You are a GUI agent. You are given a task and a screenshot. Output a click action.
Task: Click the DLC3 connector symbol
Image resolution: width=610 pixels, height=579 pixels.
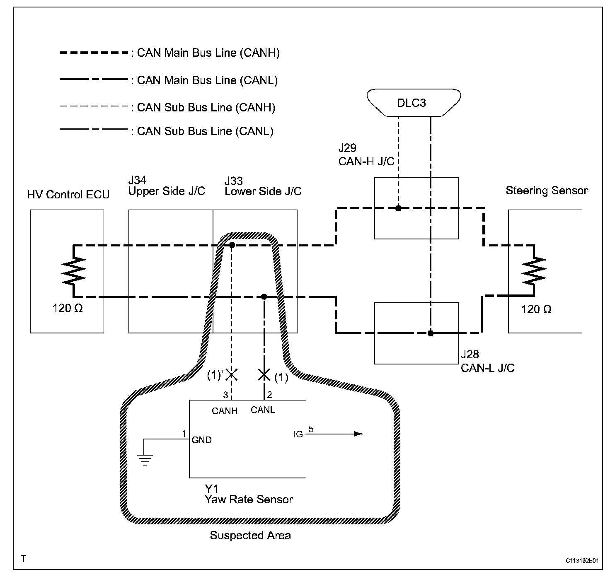click(x=414, y=103)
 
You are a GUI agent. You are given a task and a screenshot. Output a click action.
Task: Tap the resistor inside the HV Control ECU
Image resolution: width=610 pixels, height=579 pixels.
click(x=74, y=271)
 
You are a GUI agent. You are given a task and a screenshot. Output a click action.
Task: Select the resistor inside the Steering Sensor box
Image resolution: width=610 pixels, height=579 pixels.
click(x=534, y=271)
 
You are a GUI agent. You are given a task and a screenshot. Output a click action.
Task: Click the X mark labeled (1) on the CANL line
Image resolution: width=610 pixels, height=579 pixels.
click(x=264, y=375)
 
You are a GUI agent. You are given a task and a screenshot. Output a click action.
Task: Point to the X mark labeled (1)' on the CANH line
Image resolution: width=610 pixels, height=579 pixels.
click(x=232, y=375)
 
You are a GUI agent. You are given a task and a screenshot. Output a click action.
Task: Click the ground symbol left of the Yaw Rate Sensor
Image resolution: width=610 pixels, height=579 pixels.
click(x=145, y=460)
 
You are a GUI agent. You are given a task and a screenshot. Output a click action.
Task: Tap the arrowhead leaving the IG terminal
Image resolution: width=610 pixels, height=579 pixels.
click(x=358, y=434)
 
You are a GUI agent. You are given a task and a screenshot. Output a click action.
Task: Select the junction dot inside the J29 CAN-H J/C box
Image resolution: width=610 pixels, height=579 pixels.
click(x=398, y=208)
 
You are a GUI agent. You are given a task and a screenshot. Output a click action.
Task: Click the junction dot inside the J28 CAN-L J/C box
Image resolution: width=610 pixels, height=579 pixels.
click(x=430, y=333)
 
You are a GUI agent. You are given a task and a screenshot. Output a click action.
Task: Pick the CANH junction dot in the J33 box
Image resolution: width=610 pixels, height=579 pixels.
click(x=232, y=245)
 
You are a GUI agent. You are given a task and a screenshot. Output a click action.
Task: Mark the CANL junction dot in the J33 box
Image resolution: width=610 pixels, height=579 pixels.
click(x=264, y=297)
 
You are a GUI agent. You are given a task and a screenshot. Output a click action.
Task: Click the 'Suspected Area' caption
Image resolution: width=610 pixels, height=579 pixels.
click(x=250, y=535)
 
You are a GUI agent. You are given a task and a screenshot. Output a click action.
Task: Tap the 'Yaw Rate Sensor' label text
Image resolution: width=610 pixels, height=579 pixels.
click(x=249, y=499)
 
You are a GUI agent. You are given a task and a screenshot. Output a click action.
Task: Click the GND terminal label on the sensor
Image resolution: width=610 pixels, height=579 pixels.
click(x=202, y=440)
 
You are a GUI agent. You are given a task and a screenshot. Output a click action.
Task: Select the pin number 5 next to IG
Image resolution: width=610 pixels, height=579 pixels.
click(x=311, y=429)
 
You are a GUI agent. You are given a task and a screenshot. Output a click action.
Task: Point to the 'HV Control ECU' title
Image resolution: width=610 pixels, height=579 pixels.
click(x=68, y=194)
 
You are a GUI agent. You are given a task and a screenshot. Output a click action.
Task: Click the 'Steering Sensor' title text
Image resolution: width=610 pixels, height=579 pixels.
click(x=547, y=191)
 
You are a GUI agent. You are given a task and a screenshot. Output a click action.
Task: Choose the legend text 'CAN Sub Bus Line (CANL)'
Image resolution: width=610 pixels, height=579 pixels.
click(x=205, y=131)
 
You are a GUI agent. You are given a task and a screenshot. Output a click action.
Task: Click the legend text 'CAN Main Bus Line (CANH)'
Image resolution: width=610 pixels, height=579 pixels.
click(x=208, y=53)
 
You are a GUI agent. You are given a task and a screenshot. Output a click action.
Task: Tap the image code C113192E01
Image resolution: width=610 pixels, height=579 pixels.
click(x=582, y=560)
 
